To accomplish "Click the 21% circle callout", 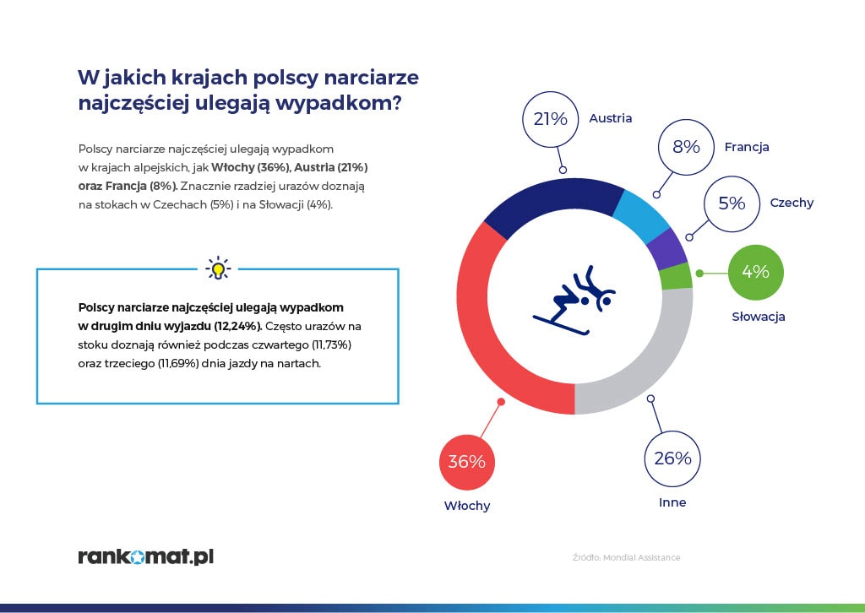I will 550,119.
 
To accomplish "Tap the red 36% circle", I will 466,462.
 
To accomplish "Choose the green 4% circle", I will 755,272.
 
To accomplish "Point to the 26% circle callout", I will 672,458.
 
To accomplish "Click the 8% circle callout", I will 686,147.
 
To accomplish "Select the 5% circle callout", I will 732,203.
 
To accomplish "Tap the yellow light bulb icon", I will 218,269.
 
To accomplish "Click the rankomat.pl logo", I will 145,556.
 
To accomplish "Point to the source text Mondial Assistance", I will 641,557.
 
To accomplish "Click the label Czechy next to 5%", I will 792,203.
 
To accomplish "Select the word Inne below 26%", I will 672,502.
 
